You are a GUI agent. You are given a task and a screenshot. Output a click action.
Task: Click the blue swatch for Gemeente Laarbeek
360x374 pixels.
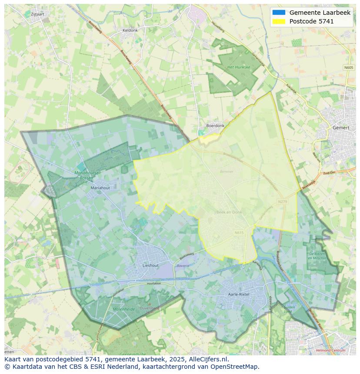pyautogui.click(x=279, y=13)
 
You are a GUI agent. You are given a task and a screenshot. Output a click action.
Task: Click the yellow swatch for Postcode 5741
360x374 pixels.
pyautogui.click(x=279, y=21)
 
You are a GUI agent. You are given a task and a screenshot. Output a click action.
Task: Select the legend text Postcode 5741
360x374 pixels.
pyautogui.click(x=311, y=21)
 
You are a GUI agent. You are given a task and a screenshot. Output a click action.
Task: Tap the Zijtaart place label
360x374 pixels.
pyautogui.click(x=38, y=14)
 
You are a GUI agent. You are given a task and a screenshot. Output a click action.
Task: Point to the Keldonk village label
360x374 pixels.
pyautogui.click(x=130, y=30)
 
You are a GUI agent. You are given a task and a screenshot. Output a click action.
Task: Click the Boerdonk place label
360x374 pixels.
pyautogui.click(x=215, y=126)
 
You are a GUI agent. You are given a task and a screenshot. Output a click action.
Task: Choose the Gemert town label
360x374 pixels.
pyautogui.click(x=340, y=128)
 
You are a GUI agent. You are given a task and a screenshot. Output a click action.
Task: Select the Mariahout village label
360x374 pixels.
pyautogui.click(x=100, y=188)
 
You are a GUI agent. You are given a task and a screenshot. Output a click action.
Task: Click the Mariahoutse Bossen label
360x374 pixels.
pyautogui.click(x=90, y=175)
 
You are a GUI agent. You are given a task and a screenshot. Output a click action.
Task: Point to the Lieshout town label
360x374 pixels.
pyautogui.click(x=150, y=265)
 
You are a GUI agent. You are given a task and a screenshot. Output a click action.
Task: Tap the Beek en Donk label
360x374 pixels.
pyautogui.click(x=229, y=212)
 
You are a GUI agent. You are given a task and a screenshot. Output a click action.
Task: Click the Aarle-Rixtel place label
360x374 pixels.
pyautogui.click(x=239, y=294)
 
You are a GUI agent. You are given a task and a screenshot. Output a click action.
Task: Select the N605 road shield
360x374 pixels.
pyautogui.click(x=348, y=67)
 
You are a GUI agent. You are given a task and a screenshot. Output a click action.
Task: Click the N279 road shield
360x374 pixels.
pyautogui.click(x=283, y=202)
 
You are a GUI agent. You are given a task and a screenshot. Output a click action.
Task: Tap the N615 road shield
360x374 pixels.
pyautogui.click(x=239, y=233)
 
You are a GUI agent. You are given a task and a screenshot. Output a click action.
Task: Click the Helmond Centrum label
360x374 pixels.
pyautogui.click(x=331, y=350)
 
